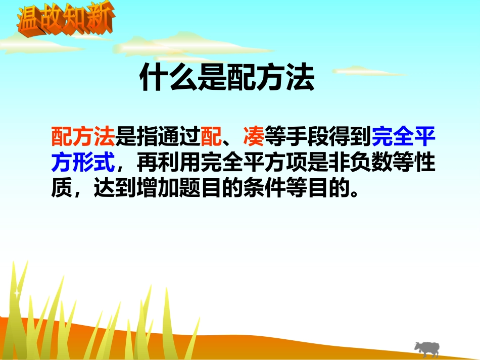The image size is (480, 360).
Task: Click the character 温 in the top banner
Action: [29, 20]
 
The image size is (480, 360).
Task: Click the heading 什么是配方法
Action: [227, 78]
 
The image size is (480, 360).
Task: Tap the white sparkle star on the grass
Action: [17, 292]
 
